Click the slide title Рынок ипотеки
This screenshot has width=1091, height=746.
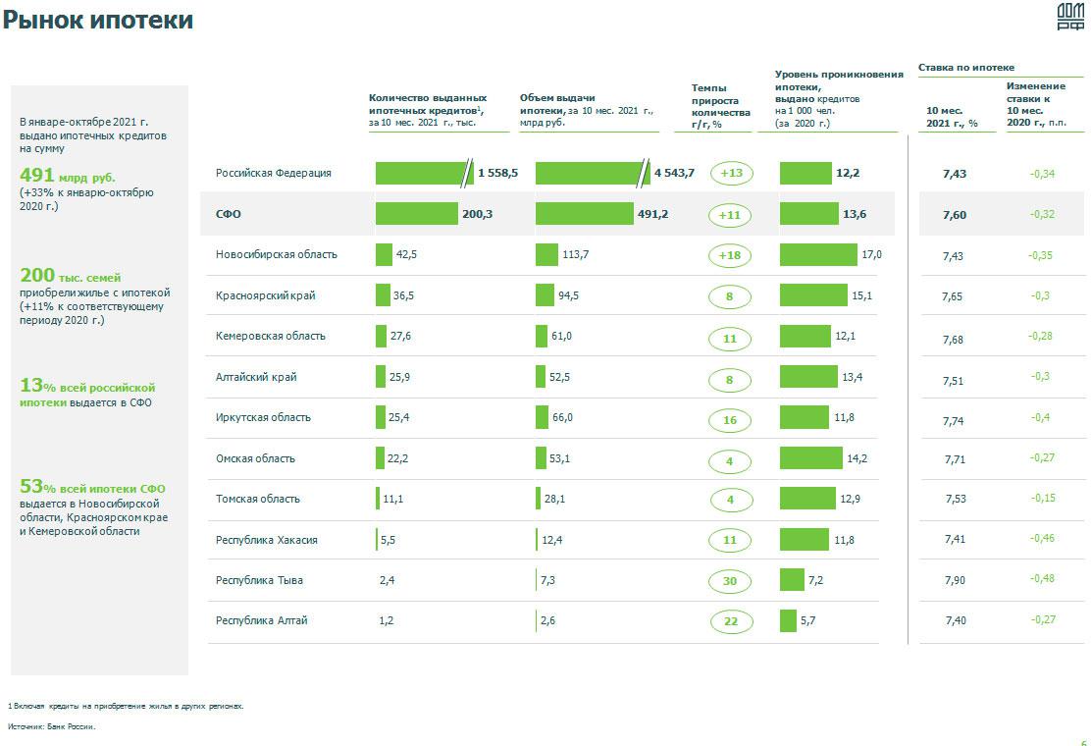[98, 20]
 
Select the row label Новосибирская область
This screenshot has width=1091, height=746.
[276, 255]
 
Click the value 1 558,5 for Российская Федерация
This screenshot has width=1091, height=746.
[497, 174]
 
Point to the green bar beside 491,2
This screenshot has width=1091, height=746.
[585, 214]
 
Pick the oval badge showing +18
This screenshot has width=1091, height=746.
[730, 256]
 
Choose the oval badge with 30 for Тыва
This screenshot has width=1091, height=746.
[730, 582]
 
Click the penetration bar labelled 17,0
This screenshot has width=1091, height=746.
[818, 255]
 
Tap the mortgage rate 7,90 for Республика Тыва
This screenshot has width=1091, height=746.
[955, 580]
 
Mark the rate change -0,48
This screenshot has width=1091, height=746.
[1042, 578]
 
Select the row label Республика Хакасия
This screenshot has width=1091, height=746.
[266, 540]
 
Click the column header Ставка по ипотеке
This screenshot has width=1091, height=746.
[965, 68]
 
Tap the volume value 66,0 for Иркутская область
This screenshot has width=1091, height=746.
[562, 418]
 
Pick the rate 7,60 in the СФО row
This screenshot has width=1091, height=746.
[954, 215]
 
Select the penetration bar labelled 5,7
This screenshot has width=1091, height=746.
[788, 621]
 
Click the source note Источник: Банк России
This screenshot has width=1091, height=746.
[52, 727]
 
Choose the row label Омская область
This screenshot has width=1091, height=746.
[255, 458]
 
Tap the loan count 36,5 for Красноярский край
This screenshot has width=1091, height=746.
[404, 295]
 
